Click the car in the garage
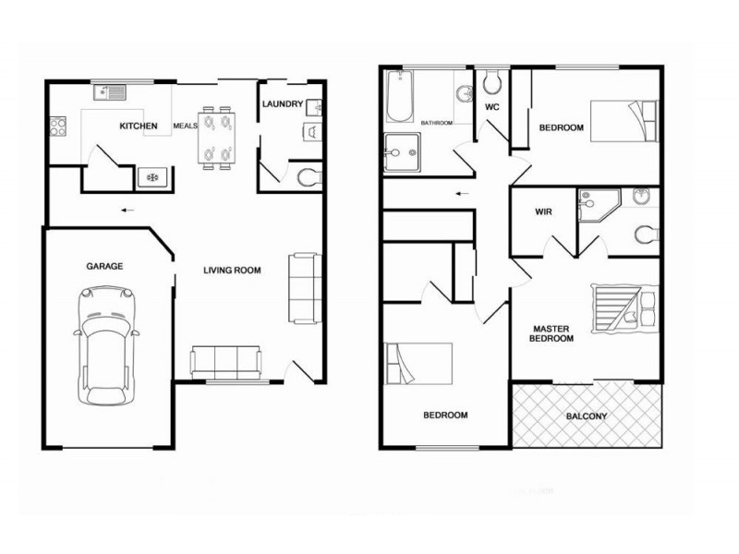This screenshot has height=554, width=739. tap(106, 346)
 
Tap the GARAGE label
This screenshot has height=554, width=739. tap(104, 266)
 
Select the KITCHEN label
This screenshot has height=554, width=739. tap(139, 126)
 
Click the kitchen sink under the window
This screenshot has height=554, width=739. tap(110, 91)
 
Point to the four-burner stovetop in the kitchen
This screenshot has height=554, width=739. tap(58, 126)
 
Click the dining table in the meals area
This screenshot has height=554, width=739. tap(217, 138)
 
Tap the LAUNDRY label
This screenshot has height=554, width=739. tap(283, 103)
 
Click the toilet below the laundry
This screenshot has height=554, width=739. tap(309, 177)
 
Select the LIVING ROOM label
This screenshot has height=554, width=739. tap(233, 270)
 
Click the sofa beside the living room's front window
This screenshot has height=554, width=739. tap(225, 363)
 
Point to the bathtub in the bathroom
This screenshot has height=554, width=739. tap(400, 97)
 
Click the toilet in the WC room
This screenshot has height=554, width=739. tap(492, 82)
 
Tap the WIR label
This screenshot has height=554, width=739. tap(543, 212)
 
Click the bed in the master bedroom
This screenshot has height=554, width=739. tap(624, 308)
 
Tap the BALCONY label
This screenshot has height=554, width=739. tap(587, 416)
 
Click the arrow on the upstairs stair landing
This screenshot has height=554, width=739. tap(463, 193)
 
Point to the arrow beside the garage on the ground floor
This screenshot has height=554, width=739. tap(127, 211)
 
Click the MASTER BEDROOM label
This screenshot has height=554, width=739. tap(551, 333)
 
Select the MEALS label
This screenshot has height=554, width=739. tap(185, 126)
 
